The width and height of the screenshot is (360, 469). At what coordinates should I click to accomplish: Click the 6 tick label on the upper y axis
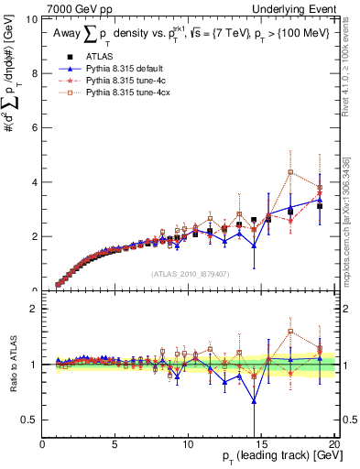tap(35, 127)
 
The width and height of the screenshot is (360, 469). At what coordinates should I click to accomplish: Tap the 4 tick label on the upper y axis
tap(35, 182)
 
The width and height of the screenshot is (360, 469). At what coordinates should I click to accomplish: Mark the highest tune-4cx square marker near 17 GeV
tap(290, 172)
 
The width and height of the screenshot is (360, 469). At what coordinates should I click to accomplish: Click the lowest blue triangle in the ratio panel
tap(254, 401)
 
